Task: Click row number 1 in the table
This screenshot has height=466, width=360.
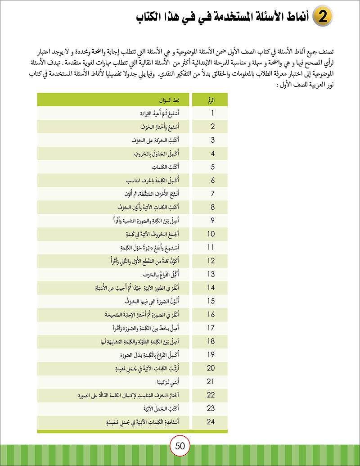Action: click(x=212, y=113)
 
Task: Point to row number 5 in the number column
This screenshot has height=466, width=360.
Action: click(x=212, y=167)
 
